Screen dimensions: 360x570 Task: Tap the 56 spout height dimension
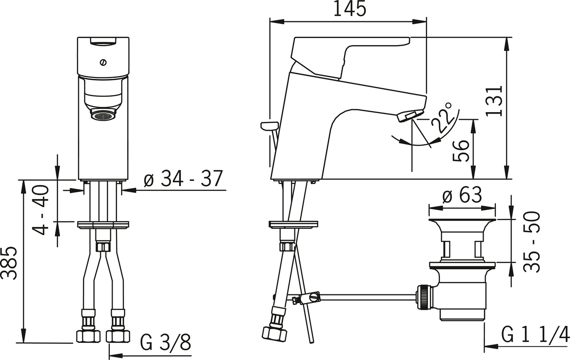(461, 150)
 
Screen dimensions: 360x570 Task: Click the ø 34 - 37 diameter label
(183, 179)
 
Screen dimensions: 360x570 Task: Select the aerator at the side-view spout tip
(409, 115)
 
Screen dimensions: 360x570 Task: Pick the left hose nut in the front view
(88, 335)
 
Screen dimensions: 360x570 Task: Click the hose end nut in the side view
(275, 332)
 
